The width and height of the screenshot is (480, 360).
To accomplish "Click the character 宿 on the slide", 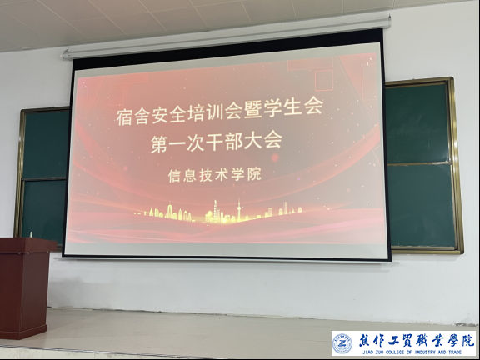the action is point(125,117).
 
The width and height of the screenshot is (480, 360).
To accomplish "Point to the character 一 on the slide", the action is point(177,144).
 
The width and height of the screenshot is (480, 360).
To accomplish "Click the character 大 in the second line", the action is point(253,142).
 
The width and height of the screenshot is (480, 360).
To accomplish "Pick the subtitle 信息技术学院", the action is point(215,175).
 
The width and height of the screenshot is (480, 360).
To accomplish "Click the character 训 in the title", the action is point(216,113).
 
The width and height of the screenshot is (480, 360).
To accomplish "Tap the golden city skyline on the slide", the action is point(218,212).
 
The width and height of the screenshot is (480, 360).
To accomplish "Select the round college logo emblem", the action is point(342,343).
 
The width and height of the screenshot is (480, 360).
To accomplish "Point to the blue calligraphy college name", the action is point(417,340).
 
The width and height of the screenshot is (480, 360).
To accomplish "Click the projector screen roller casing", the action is point(227,37).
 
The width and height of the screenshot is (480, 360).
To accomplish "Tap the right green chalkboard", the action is point(422,165).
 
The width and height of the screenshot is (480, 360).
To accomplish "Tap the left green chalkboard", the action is point(42,174).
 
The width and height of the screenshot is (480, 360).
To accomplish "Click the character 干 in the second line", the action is point(215,143).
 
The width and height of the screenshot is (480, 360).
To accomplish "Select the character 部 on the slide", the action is point(234,142).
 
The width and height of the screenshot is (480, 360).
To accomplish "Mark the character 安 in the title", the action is point(160,116).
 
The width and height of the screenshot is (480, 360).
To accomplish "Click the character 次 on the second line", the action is point(196,143).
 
